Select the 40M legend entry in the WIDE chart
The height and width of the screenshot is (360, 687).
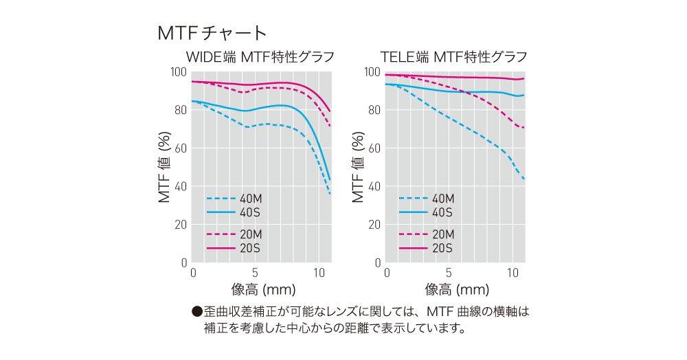pos(245,199)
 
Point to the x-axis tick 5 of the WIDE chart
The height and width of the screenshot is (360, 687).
pos(255,272)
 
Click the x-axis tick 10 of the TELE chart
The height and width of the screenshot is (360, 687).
pos(513,272)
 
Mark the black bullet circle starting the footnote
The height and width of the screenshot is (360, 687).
pos(197,311)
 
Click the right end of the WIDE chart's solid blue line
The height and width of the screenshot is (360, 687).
pos(330,180)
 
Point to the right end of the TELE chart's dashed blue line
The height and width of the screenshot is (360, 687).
pos(525,179)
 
